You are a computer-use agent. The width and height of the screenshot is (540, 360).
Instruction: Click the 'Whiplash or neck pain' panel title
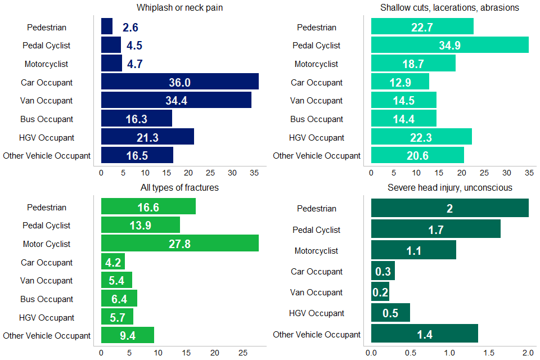pos(179,7)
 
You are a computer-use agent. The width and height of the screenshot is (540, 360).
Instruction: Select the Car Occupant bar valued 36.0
pos(179,82)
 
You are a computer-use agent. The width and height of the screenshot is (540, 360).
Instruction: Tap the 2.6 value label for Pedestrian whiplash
pos(130,28)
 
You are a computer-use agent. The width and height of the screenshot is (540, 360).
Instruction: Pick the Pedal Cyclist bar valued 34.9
pos(449,45)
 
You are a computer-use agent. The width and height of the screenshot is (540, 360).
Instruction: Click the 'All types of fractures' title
pos(179,187)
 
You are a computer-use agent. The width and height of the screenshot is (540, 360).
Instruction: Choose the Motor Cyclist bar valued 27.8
pos(179,244)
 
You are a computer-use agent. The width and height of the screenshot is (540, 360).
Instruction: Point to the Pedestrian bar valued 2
pos(449,208)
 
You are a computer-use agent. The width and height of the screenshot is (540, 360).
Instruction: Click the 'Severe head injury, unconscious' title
pos(449,187)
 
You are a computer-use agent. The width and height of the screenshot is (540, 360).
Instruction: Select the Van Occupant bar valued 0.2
pos(380,292)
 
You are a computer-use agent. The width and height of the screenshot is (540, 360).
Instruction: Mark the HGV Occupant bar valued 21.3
pos(147,137)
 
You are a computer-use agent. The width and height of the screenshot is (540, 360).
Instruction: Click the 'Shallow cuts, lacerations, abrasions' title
pos(449,7)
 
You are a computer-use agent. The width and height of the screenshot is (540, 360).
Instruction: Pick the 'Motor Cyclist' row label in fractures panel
pos(47,244)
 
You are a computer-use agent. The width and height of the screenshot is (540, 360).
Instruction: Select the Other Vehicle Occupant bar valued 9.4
pos(127,335)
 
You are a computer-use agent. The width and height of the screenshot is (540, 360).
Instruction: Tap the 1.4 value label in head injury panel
pos(425,334)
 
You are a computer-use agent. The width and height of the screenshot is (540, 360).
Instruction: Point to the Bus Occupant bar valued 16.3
pos(136,119)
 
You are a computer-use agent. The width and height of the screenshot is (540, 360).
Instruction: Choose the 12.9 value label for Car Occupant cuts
pos(400,82)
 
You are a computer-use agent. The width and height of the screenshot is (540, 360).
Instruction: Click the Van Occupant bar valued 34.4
pos(175,101)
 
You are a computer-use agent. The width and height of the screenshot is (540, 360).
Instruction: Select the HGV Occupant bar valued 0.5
pos(390,313)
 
